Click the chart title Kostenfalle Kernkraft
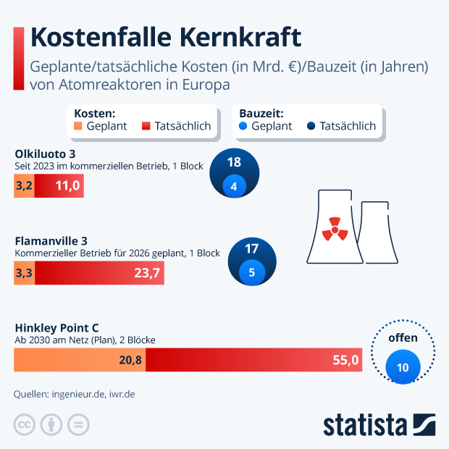tap(165, 38)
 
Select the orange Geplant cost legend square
tap(79, 126)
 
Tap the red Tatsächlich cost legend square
tap(146, 126)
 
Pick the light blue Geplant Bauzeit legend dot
tap(243, 126)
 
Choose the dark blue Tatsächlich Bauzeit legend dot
tap(311, 126)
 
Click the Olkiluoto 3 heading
tap(45, 154)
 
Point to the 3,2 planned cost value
tap(24, 186)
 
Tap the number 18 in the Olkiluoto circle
tap(233, 162)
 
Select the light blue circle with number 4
tap(233, 186)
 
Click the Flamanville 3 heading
tap(50, 240)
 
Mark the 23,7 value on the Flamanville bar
tap(147, 273)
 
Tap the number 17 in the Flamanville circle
tap(251, 248)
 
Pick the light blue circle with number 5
tap(251, 273)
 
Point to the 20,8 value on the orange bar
tap(130, 360)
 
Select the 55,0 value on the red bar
tap(345, 360)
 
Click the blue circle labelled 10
tap(403, 367)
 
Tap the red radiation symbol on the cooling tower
tap(334, 227)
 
